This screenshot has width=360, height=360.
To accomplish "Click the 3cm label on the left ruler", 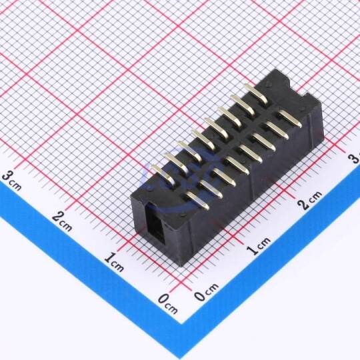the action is pyautogui.click(x=12, y=181).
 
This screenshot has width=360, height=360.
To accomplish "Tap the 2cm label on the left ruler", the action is pyautogui.click(x=62, y=221).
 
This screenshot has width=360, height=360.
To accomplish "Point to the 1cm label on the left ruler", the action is pyautogui.click(x=114, y=262).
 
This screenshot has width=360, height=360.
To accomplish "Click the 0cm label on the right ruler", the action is pyautogui.click(x=206, y=292).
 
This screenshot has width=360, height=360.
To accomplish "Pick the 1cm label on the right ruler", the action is pyautogui.click(x=260, y=246).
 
